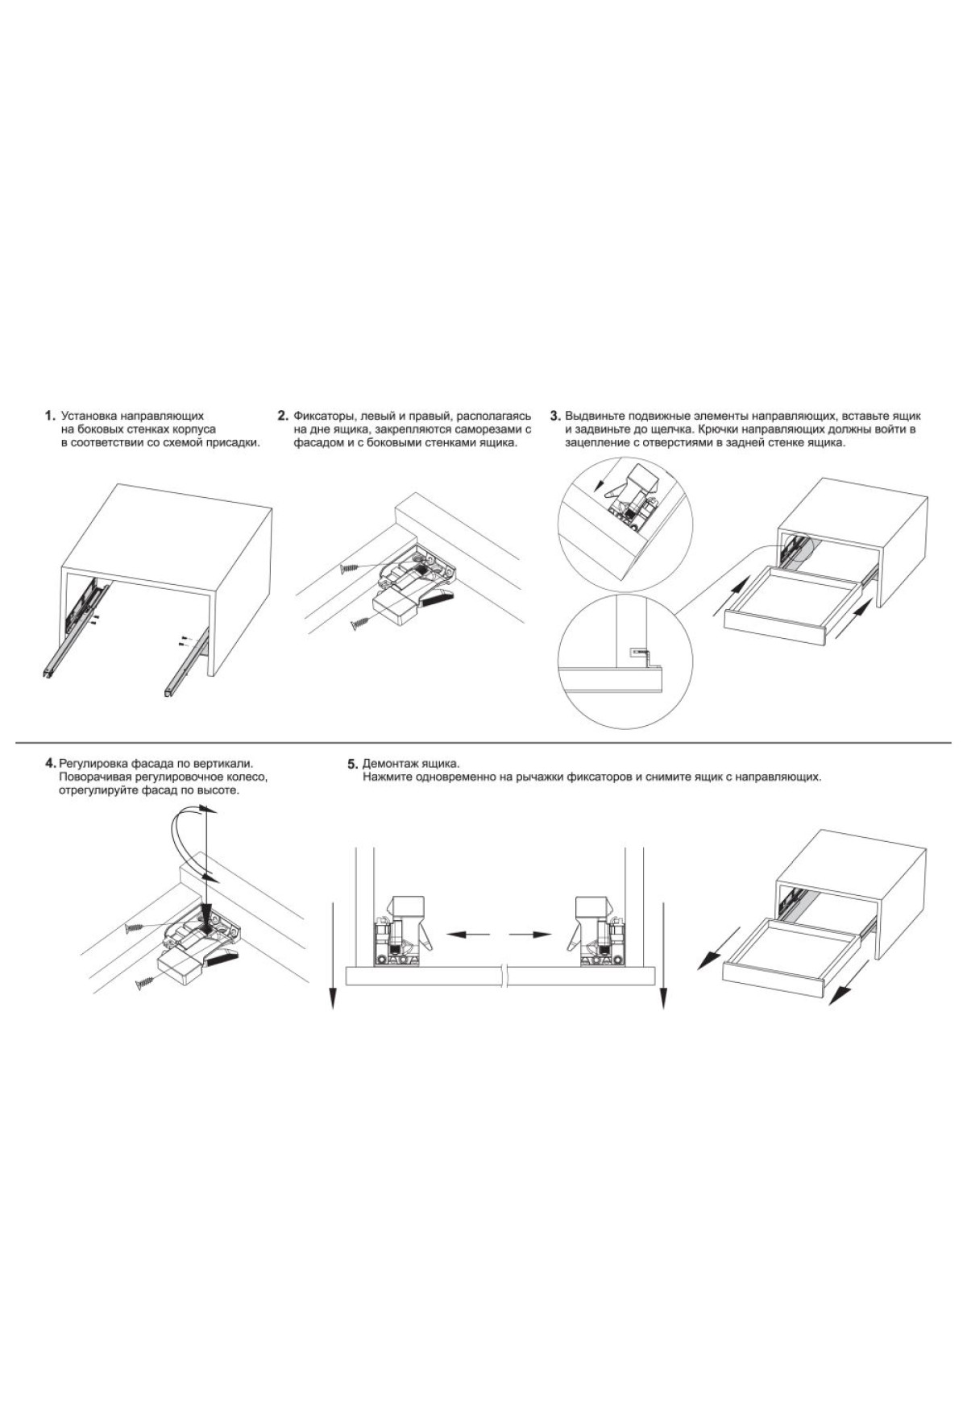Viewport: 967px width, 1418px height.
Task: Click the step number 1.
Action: click(x=50, y=417)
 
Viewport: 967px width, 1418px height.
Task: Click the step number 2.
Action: click(x=283, y=417)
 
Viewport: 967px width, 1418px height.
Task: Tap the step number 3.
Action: click(x=555, y=417)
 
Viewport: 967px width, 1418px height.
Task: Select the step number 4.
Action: click(x=52, y=762)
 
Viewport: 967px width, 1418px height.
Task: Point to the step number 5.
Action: click(x=352, y=763)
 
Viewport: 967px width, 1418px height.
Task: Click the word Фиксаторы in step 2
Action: click(x=322, y=417)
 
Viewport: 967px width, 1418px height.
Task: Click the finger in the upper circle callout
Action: click(x=616, y=490)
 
